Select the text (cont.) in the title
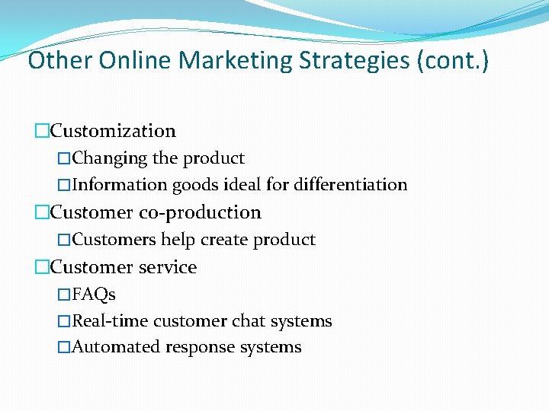[453, 59]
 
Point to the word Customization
[113, 131]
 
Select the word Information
[120, 185]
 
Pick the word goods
[194, 185]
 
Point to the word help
[178, 240]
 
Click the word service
[165, 267]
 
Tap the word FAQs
[94, 294]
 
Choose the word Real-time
[111, 321]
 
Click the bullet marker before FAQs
[64, 295]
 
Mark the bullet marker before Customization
[42, 132]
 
